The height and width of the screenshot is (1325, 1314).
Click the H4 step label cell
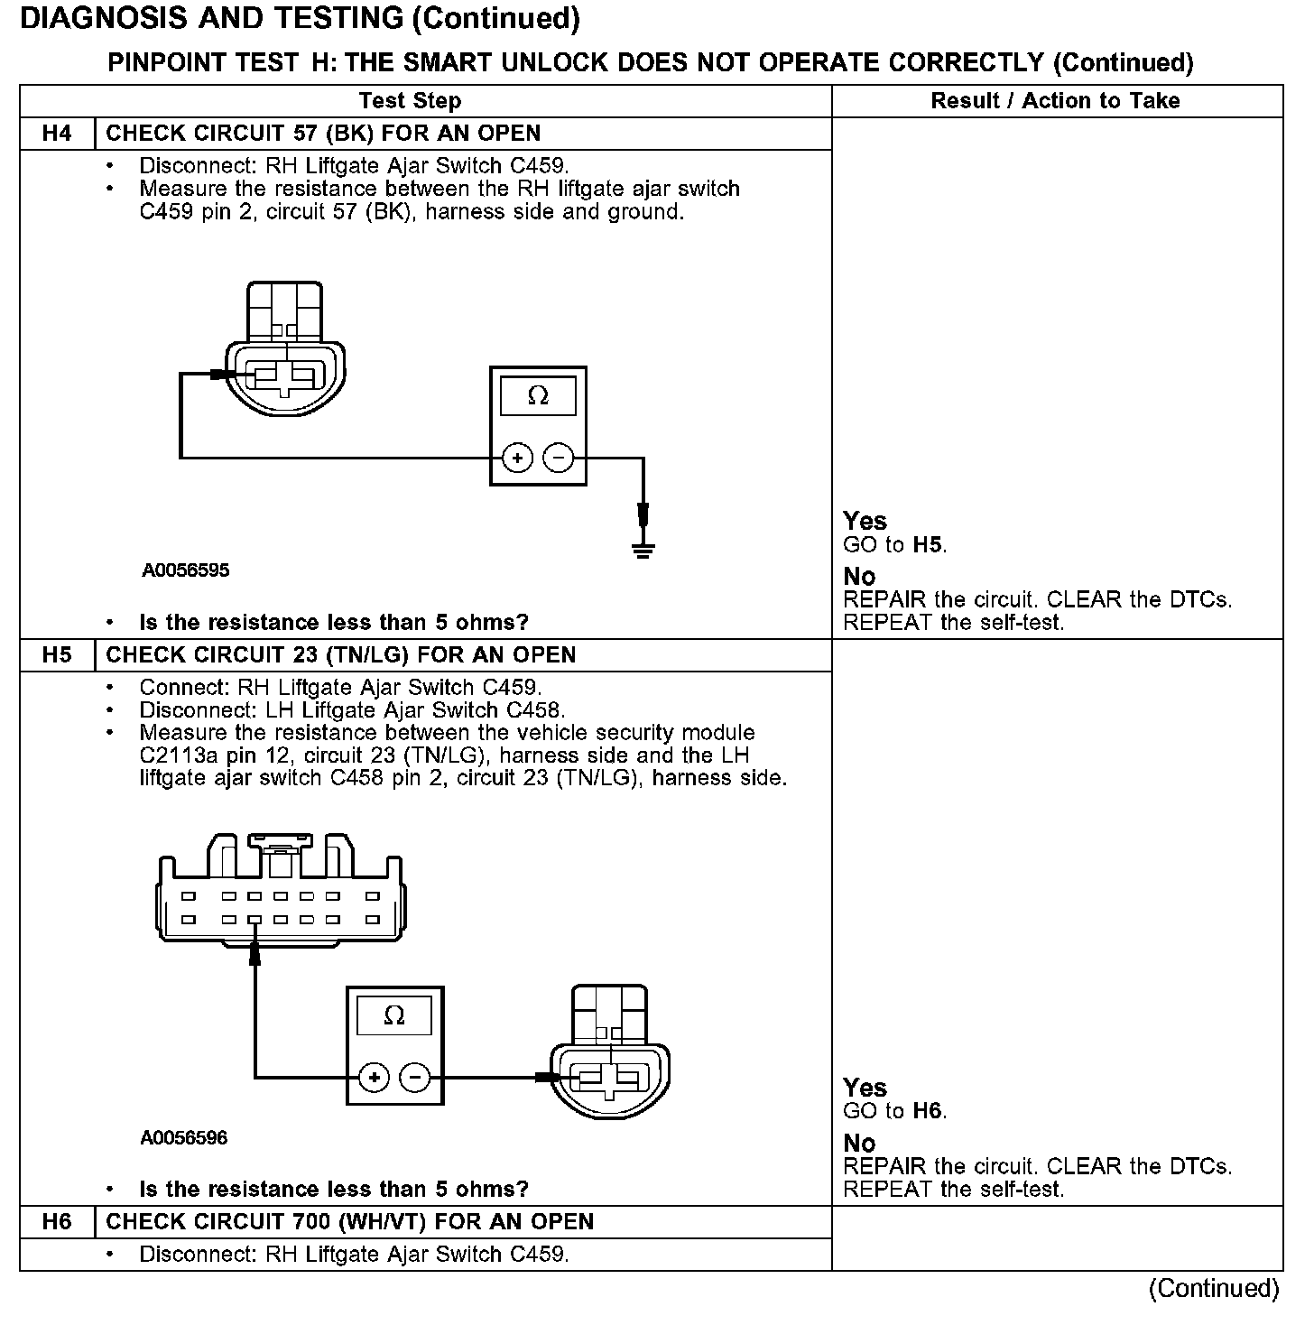[x=57, y=134]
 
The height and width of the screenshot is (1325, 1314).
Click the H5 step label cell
[x=57, y=655]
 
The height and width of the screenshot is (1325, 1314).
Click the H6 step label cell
[x=57, y=1222]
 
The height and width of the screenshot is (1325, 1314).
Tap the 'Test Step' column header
[x=410, y=100]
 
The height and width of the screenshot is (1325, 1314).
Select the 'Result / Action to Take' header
[x=1055, y=100]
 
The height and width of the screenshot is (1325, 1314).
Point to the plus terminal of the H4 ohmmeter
[x=517, y=459]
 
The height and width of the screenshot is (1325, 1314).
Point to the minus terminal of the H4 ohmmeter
[x=560, y=459]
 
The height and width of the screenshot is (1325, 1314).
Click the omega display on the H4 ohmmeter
[x=538, y=396]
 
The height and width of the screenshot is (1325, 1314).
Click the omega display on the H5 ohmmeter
[x=394, y=1015]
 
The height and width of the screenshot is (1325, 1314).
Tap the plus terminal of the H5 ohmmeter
[x=374, y=1078]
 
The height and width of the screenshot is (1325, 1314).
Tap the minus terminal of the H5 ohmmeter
[x=415, y=1078]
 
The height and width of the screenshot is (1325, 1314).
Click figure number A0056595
[x=185, y=570]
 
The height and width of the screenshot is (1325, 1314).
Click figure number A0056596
[x=184, y=1137]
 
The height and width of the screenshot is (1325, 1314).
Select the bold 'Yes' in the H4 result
[x=865, y=521]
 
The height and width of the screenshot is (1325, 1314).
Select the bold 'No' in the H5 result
[x=859, y=1144]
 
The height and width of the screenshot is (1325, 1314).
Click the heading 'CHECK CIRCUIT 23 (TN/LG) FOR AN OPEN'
[x=341, y=655]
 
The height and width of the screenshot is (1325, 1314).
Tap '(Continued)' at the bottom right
[x=1214, y=1288]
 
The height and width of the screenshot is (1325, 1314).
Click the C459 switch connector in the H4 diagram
[x=284, y=361]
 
